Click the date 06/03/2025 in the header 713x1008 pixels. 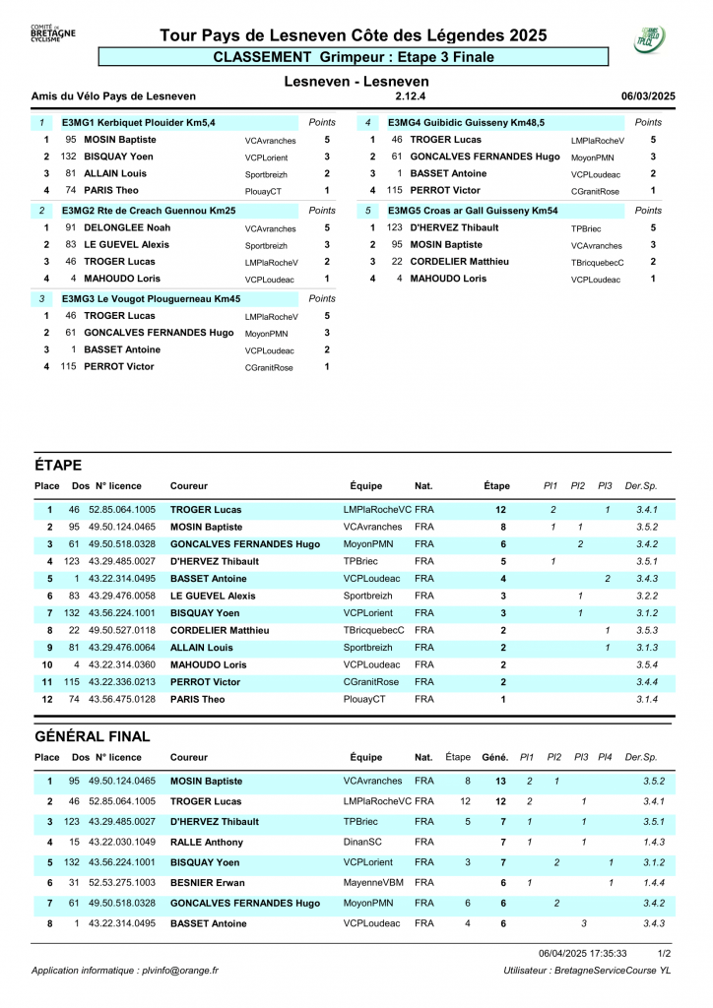point(648,96)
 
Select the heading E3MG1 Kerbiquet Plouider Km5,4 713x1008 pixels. point(139,122)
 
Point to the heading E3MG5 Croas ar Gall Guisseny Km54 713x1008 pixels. point(473,211)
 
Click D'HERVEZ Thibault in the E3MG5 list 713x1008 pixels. point(454,227)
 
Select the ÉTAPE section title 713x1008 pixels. point(58,465)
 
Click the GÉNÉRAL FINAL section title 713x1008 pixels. point(93,736)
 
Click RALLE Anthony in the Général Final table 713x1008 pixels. point(207,843)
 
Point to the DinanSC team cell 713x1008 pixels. point(364,843)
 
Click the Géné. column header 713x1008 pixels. point(494,757)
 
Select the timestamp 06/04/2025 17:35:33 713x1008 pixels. point(583,953)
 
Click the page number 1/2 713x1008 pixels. point(665,953)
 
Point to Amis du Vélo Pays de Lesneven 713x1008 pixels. point(114,96)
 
